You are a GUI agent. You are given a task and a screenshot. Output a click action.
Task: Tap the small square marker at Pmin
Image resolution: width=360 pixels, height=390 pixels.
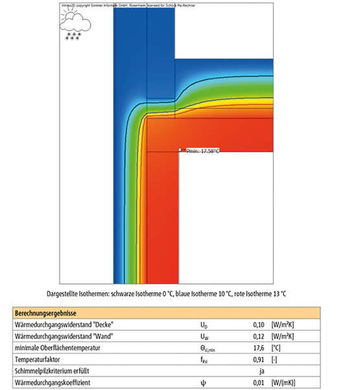181,150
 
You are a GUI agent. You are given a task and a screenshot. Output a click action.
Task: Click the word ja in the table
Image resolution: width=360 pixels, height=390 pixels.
262,372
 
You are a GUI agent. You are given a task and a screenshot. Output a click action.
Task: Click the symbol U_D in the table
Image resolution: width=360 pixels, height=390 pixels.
204,324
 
